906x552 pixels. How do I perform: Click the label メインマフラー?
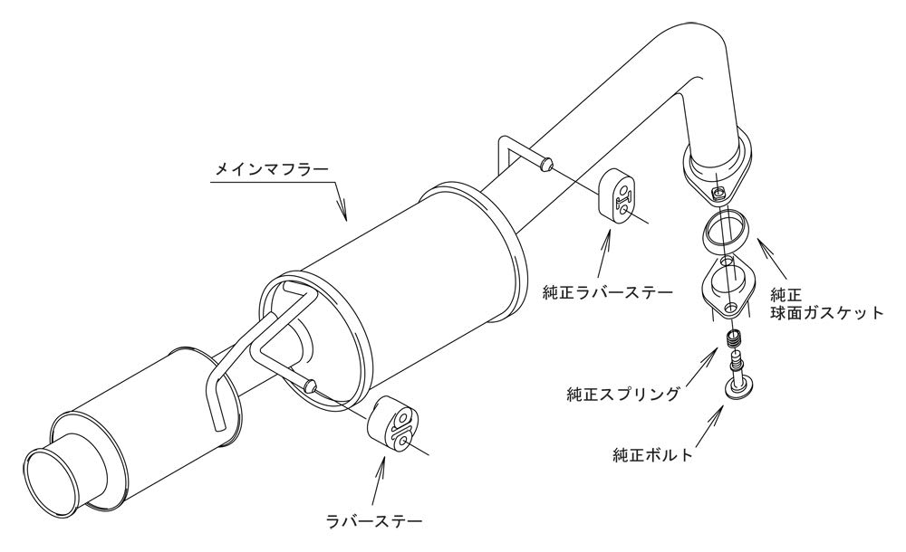[x=272, y=169]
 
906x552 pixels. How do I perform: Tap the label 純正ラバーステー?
[x=607, y=292]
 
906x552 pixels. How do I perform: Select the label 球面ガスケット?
[x=827, y=313]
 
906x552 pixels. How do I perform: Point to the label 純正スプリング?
[x=623, y=395]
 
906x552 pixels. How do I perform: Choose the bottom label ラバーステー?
[x=374, y=522]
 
